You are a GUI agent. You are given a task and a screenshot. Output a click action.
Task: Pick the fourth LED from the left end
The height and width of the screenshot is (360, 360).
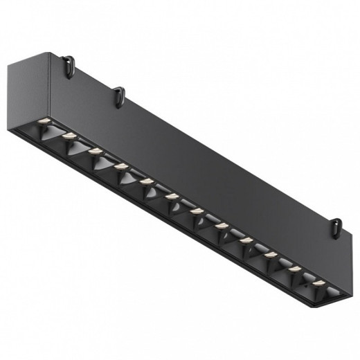point(122,166)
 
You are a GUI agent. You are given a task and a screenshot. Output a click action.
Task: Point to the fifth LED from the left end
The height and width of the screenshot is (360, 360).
point(147,181)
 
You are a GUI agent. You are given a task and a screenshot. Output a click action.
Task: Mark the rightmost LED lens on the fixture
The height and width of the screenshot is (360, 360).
point(319,283)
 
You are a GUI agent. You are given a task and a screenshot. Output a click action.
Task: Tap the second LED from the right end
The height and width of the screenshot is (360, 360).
point(295,269)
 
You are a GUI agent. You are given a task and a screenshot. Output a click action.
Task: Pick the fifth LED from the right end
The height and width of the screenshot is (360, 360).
point(222,226)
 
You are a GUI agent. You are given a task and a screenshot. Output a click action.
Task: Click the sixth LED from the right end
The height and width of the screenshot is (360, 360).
point(197,210)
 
